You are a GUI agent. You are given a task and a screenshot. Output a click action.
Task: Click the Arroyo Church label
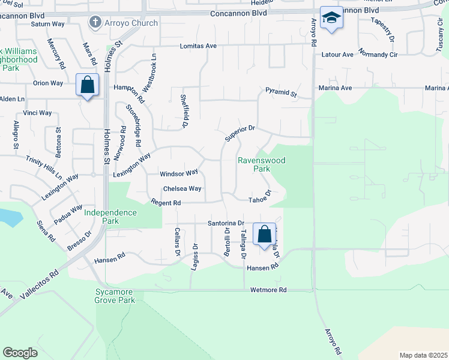pos(131,23)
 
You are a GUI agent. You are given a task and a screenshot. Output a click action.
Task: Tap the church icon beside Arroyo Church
pos(95,23)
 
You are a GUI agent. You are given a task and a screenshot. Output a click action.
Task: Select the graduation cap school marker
pos(331,18)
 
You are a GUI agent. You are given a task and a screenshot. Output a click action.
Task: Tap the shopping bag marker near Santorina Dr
pos(264,234)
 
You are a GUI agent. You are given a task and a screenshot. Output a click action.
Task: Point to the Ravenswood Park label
pos(261,165)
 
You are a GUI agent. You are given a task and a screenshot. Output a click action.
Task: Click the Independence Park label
pos(110,217)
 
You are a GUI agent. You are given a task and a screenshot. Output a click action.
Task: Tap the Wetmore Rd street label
pos(268,290)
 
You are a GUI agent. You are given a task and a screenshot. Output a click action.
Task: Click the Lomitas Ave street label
pos(197,46)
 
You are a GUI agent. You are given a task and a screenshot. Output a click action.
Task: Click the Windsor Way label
pos(179,173)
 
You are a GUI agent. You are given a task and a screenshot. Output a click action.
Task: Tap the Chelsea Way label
pos(182,188)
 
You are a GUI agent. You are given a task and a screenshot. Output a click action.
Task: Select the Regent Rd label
pos(166,203)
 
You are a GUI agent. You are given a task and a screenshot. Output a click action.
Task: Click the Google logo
pos(20,353)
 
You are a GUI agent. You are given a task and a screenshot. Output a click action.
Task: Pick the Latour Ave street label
pos(339,55)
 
